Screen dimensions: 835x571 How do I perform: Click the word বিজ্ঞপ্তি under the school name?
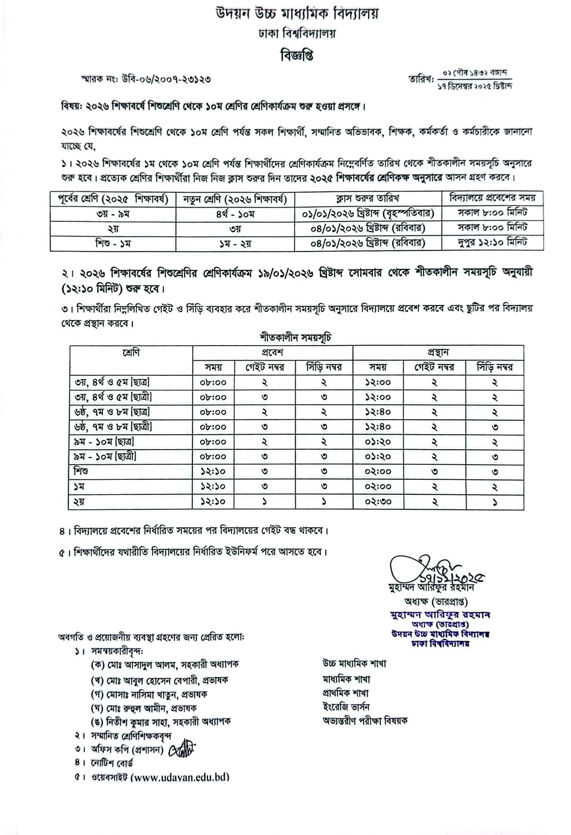tap(296, 56)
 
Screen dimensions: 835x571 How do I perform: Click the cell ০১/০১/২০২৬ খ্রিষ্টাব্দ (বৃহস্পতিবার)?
tap(368, 213)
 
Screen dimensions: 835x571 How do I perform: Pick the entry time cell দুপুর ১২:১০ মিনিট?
tap(492, 243)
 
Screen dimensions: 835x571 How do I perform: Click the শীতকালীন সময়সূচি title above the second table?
tap(296, 337)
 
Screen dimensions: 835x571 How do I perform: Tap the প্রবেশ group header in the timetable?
tap(272, 352)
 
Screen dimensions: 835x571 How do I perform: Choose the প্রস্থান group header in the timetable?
tap(438, 352)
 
